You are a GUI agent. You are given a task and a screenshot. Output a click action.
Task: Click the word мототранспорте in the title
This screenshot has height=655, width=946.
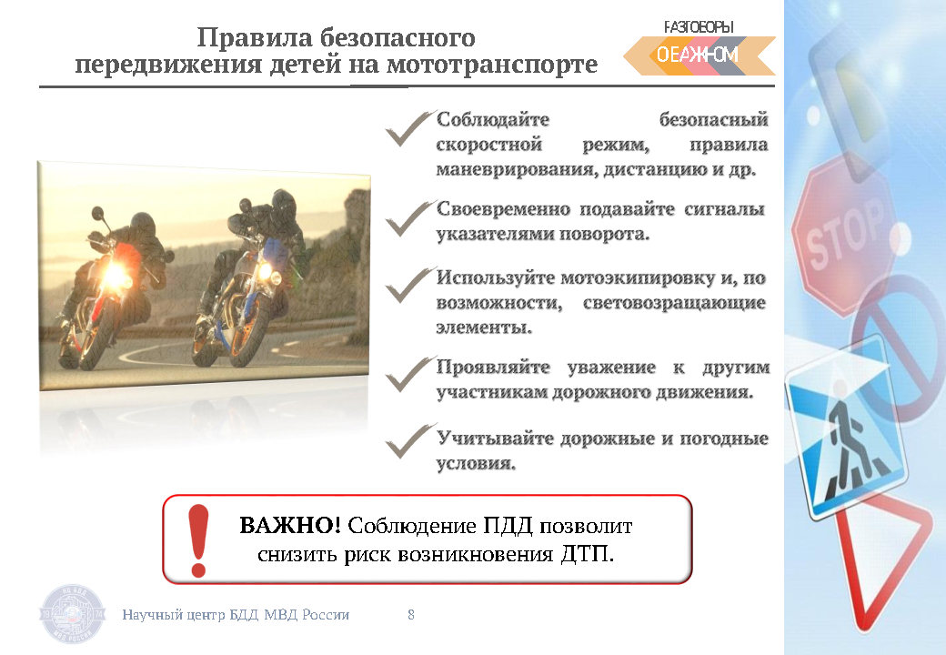(492, 64)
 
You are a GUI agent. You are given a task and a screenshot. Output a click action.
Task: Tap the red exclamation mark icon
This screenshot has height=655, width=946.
(198, 540)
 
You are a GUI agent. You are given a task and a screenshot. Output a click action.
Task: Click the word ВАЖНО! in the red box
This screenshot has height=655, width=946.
(290, 525)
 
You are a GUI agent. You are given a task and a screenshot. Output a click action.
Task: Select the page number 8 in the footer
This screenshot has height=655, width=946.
(411, 615)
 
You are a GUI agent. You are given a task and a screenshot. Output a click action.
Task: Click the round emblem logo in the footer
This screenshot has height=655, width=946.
(73, 614)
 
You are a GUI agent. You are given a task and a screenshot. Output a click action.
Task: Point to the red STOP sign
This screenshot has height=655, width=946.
(845, 236)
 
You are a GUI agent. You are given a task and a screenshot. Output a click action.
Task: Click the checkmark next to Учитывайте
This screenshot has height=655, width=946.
(409, 440)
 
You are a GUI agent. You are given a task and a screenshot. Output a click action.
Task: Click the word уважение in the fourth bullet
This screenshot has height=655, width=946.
(611, 367)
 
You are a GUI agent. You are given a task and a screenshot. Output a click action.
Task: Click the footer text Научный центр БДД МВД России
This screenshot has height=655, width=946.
(236, 615)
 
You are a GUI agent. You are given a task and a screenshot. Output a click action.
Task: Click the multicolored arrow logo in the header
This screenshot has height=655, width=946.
(699, 55)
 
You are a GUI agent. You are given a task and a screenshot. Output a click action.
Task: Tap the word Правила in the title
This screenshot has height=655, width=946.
(254, 37)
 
